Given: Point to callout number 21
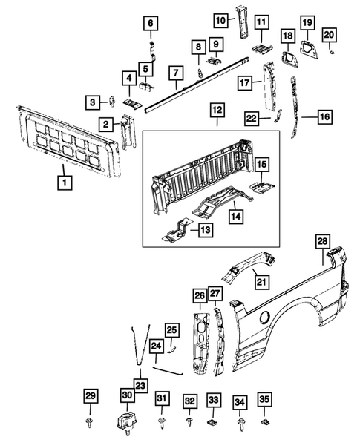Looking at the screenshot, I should tap(260, 280).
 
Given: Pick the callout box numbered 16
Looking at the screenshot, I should tap(325, 116).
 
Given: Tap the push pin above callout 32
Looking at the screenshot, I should tap(190, 423).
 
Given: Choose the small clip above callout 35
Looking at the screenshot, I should tap(265, 422).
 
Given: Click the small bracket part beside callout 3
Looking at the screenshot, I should tap(111, 101).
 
